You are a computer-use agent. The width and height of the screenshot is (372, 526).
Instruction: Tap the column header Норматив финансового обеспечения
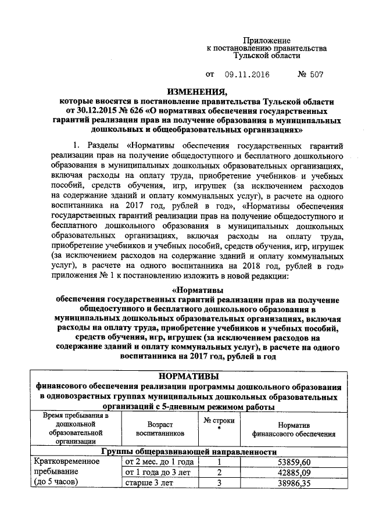coord(293,429)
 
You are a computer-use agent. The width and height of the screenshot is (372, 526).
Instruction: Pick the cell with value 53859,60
coord(294,461)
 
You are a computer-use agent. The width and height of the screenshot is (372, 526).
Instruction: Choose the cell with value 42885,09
coord(294,472)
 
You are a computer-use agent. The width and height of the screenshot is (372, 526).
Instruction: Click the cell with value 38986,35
coord(294,482)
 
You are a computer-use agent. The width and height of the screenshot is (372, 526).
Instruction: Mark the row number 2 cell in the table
coord(219,472)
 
